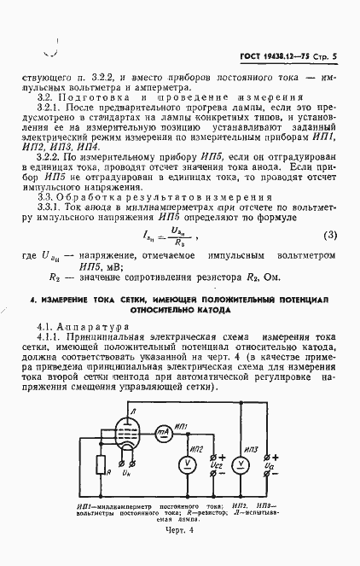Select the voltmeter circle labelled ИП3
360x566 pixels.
[x=241, y=464]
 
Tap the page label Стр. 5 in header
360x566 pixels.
[x=323, y=55]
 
